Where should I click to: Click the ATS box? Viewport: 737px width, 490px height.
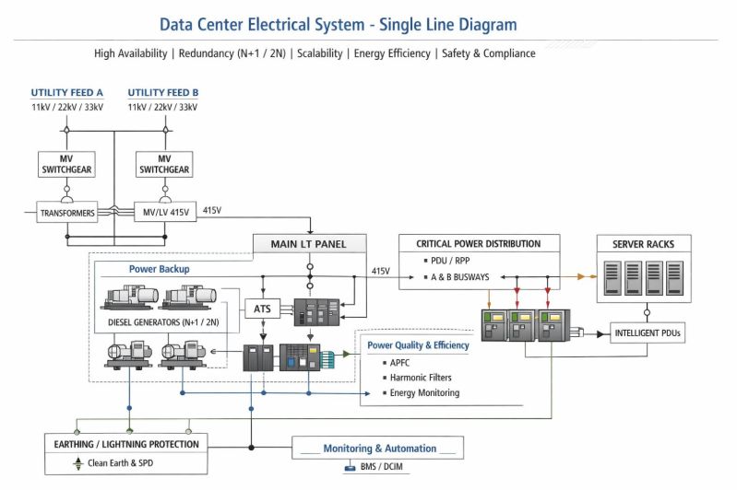[x=261, y=310]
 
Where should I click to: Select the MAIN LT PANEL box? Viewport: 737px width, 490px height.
[x=310, y=244]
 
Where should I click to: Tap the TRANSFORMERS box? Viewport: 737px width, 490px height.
[x=66, y=213]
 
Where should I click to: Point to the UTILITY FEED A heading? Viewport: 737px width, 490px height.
[x=67, y=93]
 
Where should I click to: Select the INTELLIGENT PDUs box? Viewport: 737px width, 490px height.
[x=648, y=333]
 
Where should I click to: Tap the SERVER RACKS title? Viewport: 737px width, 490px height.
[x=644, y=244]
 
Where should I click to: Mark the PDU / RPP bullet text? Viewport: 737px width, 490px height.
[x=451, y=262]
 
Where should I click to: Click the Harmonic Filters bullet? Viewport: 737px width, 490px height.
[x=421, y=378]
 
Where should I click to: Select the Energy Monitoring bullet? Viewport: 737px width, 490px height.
[x=425, y=393]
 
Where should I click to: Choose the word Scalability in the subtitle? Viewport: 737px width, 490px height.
[x=322, y=53]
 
